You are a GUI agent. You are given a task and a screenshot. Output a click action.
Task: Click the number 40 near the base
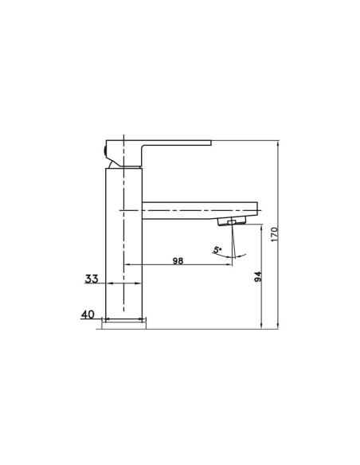tap(88, 315)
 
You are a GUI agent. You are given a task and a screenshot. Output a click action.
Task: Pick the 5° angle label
tap(217, 251)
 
